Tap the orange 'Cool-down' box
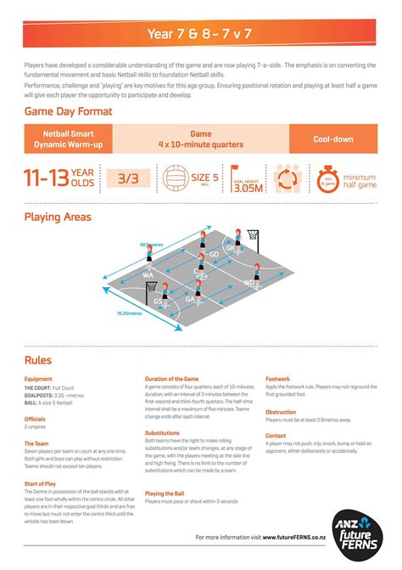pos(333,138)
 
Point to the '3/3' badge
pos(127,178)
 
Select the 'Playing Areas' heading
pos(58,217)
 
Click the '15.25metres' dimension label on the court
pos(130,313)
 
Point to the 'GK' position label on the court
pos(230,247)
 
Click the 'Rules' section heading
pos(38,360)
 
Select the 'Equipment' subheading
pos(38,379)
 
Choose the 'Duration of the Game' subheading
pos(172,379)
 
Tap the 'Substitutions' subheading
pos(163,432)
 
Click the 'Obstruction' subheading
pos(281,411)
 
